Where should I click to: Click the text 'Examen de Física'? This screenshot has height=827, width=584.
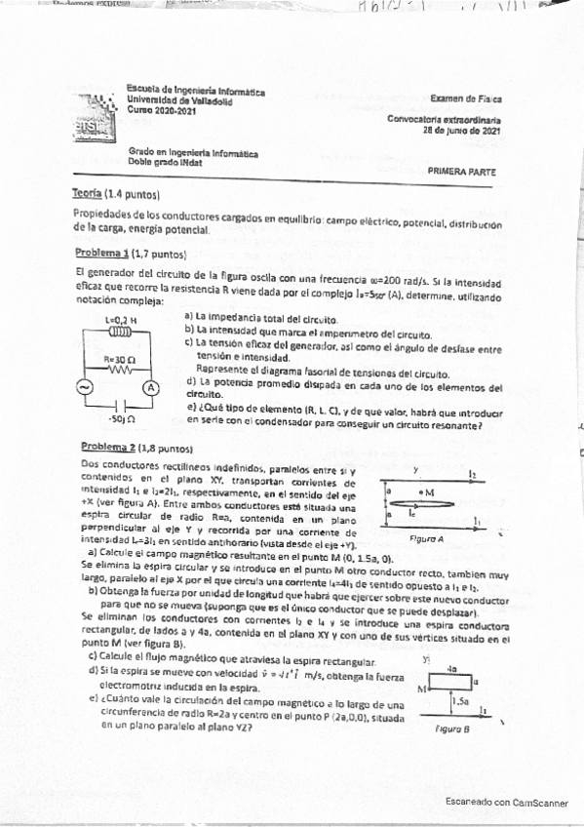[466, 98]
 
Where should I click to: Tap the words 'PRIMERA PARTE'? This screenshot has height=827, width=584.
[461, 171]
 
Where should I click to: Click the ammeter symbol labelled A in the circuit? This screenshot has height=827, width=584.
[151, 387]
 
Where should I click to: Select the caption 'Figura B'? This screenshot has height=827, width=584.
[452, 728]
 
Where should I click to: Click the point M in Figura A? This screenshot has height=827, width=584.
[421, 492]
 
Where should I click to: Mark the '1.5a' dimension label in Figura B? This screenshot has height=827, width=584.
[461, 699]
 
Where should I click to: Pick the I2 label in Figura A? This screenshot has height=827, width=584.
[473, 472]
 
